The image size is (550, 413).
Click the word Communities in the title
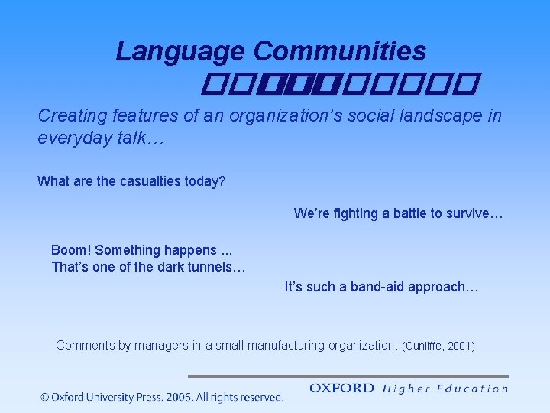click(x=340, y=51)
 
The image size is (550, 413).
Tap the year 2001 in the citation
click(x=460, y=346)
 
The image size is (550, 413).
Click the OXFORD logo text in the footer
click(x=341, y=389)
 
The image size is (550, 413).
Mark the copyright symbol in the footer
click(x=46, y=397)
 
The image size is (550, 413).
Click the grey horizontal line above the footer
click(x=348, y=376)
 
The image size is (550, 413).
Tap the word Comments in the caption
click(x=85, y=346)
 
